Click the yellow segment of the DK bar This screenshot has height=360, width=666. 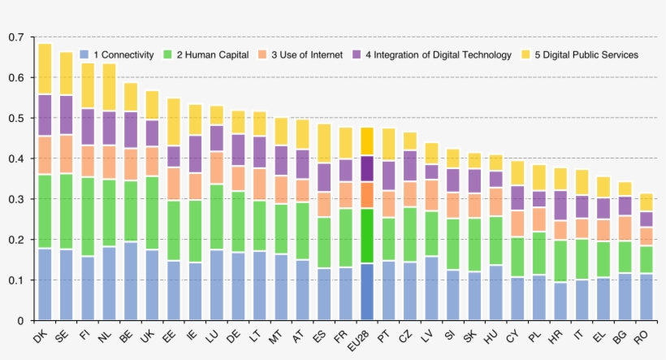pos(45,69)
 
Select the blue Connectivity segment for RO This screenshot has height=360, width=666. pos(646,297)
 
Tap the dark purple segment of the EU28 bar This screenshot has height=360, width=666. pos(366,168)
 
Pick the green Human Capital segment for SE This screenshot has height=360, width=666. pos(66,211)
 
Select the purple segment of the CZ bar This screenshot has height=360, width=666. pos(409,166)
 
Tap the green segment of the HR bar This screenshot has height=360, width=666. pos(560,261)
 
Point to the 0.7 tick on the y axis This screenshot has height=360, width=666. pos(15,37)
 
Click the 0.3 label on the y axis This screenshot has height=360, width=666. pos(15,199)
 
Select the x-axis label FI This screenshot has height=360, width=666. pos(84,335)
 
